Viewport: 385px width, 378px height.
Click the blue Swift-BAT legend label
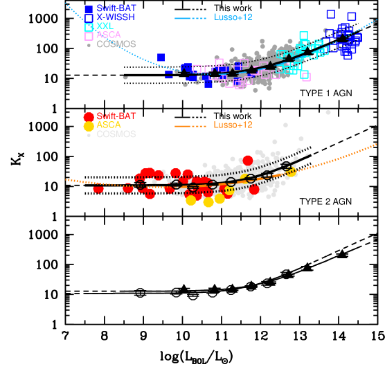tap(116, 8)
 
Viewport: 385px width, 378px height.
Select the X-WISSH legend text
tap(116, 17)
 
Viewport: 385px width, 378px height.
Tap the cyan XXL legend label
tap(107, 26)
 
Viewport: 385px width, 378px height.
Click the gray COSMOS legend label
tap(116, 44)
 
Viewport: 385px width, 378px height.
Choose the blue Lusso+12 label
tap(233, 17)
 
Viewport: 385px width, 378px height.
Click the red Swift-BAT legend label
tap(116, 116)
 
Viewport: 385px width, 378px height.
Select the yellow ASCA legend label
tap(109, 125)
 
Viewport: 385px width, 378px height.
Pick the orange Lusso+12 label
tap(233, 125)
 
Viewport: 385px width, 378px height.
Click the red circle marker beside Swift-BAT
tap(89, 116)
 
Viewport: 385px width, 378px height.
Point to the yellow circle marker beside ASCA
tap(89, 126)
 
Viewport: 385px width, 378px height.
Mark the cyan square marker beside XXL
tap(89, 27)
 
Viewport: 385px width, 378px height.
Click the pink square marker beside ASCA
tap(89, 36)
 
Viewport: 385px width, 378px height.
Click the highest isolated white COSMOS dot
tap(328, 112)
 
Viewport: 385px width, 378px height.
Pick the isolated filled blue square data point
tap(161, 57)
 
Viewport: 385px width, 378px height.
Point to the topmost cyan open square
tap(303, 35)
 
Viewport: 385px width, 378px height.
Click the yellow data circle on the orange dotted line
tap(292, 172)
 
